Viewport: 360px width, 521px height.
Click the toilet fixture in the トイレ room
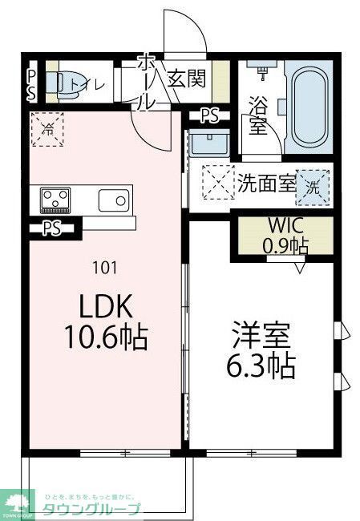point(54,82)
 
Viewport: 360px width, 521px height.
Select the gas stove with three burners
point(54,198)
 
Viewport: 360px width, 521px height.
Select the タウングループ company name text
point(92,508)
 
